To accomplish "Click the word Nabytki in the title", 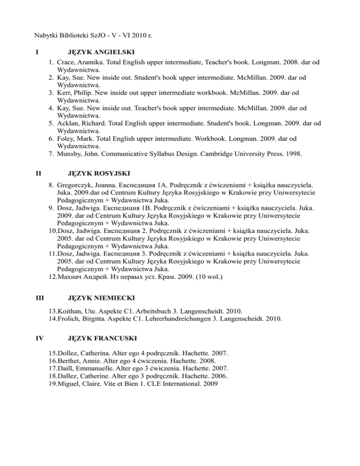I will pyautogui.click(x=48, y=34).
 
